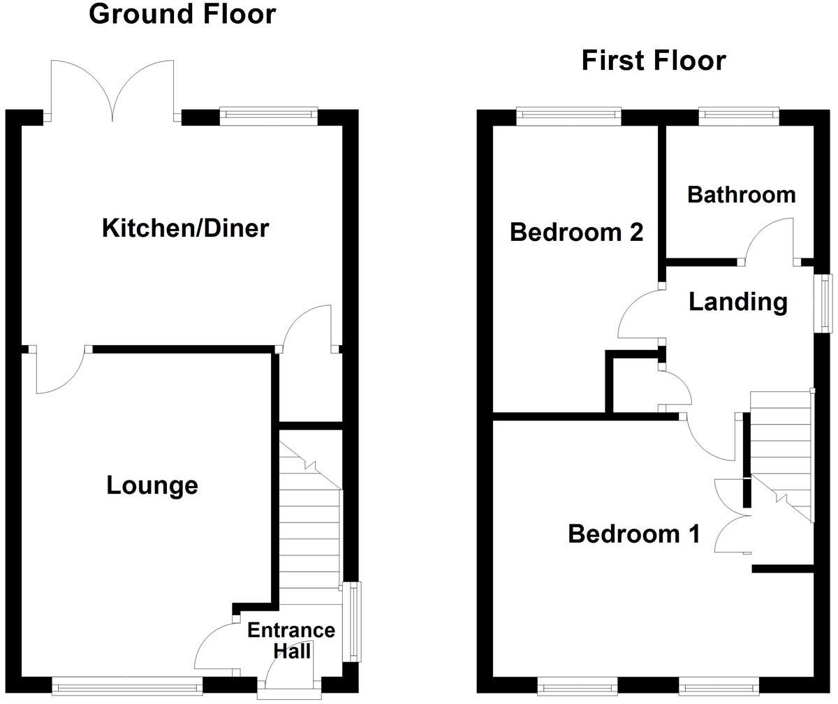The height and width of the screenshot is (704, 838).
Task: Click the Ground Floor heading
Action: tap(182, 14)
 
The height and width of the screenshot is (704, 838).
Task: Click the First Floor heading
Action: tap(654, 61)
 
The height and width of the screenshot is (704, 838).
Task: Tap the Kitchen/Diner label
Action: tap(185, 228)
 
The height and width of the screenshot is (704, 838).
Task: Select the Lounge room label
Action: tap(152, 485)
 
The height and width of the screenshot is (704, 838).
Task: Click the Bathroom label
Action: tap(741, 194)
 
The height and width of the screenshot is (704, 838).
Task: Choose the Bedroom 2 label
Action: tap(576, 232)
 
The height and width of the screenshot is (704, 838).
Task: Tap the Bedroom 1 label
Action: tap(633, 534)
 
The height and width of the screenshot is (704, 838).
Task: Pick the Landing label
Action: tap(738, 302)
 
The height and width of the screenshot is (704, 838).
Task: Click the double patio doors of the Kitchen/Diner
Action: tap(112, 91)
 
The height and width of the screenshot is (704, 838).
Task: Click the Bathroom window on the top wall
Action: tap(739, 116)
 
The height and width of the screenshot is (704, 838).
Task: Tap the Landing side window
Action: tap(827, 302)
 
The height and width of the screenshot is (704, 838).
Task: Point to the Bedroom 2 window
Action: tap(568, 116)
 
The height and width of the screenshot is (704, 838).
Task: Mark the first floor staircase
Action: tap(781, 454)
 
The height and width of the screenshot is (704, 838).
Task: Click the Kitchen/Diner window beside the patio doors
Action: tap(268, 116)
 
